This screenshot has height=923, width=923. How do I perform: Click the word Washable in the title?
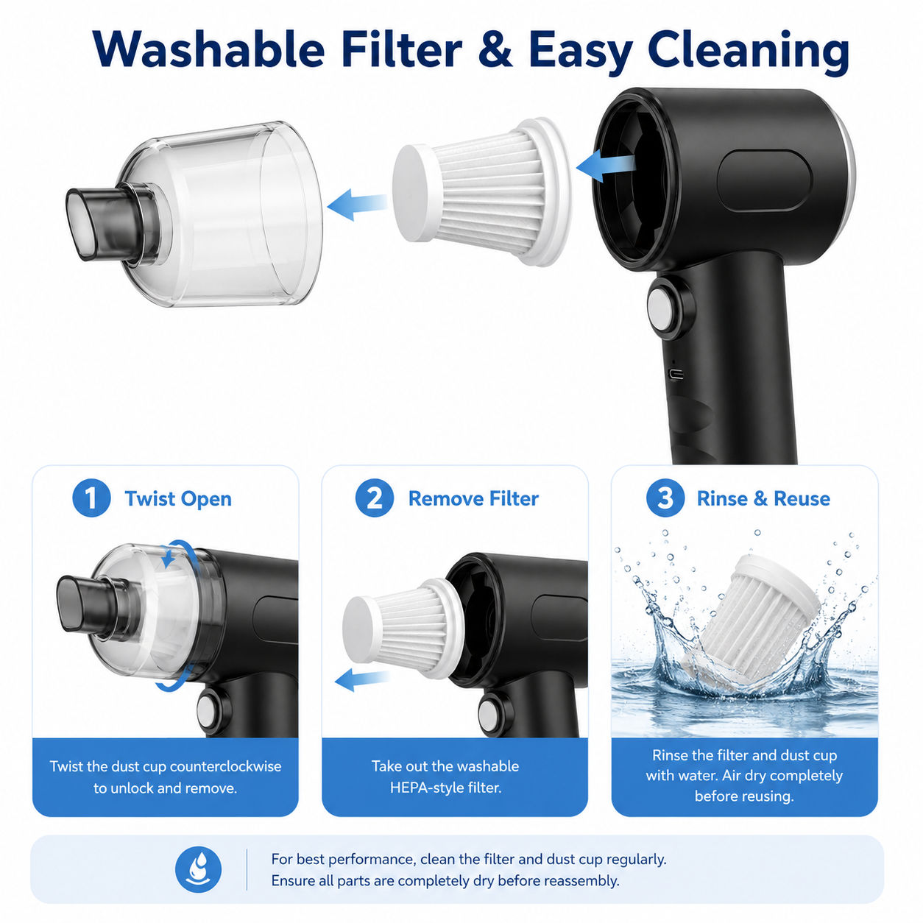(x=209, y=50)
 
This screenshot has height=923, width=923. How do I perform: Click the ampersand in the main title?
(x=495, y=51)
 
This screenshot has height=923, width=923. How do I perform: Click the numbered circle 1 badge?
(x=91, y=498)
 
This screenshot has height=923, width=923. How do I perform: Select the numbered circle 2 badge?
(x=374, y=498)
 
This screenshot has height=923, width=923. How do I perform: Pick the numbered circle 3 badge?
(x=665, y=498)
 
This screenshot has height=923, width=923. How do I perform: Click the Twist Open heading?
(x=178, y=499)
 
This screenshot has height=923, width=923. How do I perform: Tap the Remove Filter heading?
(x=473, y=498)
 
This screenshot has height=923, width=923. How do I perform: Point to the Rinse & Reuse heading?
(x=763, y=498)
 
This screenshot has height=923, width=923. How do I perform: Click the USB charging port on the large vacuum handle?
(x=676, y=374)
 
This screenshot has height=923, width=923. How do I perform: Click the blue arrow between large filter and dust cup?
(x=357, y=204)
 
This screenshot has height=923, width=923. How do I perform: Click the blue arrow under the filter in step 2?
(x=362, y=679)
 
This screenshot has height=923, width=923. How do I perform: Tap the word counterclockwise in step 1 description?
(x=225, y=766)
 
